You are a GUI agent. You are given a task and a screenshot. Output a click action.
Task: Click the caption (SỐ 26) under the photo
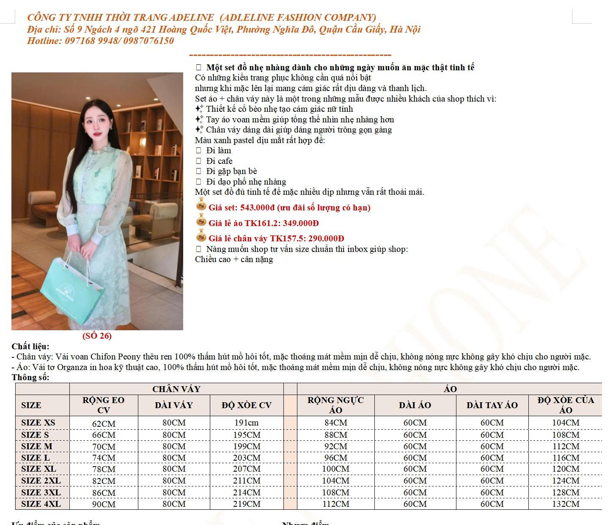(x=97, y=336)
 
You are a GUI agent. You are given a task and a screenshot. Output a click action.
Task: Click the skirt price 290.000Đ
(x=325, y=238)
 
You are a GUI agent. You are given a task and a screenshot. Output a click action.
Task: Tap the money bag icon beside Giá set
(x=201, y=206)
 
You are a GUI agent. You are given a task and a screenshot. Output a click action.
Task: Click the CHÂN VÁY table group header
(x=176, y=389)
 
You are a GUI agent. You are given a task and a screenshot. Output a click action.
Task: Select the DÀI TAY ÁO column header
(x=492, y=405)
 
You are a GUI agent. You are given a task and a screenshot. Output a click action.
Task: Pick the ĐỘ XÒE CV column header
(x=247, y=405)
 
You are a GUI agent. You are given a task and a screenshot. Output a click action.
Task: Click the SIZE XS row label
(x=38, y=423)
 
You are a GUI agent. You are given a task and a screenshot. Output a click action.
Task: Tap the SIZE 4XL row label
(x=41, y=504)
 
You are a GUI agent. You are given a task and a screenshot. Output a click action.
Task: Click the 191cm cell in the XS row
(x=247, y=423)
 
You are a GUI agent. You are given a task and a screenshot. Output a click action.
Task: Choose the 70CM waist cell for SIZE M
(x=104, y=447)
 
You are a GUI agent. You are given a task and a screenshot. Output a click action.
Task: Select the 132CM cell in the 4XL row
(x=566, y=504)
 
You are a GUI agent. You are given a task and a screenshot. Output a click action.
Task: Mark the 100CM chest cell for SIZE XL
(x=336, y=469)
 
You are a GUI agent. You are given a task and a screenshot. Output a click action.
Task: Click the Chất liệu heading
(x=30, y=347)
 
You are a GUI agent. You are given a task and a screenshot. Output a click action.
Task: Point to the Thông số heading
(x=30, y=377)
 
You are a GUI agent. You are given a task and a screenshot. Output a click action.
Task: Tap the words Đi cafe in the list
(x=219, y=161)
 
